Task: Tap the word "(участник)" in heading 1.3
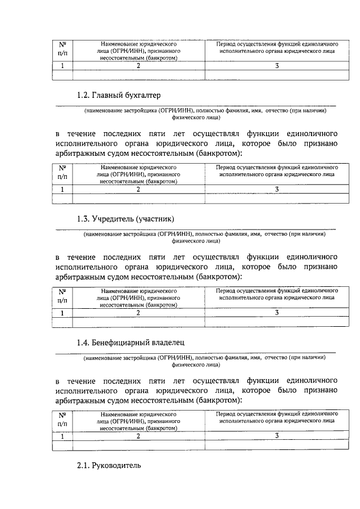click(161, 218)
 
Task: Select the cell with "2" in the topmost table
click(138, 66)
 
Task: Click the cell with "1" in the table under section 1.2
click(62, 190)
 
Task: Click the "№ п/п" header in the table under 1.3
click(62, 295)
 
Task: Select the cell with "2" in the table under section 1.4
click(138, 436)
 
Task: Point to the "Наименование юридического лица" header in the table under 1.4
click(138, 420)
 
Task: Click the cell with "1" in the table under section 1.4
click(62, 436)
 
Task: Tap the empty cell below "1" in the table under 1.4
click(62, 445)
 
